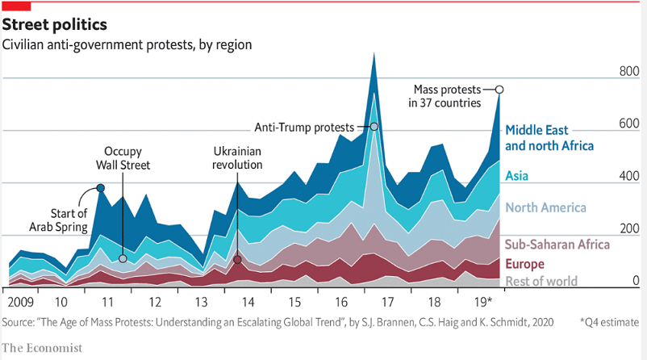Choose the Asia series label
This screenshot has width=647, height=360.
click(x=517, y=175)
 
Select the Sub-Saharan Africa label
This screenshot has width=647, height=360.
click(x=557, y=245)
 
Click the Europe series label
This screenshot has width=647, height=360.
click(x=524, y=264)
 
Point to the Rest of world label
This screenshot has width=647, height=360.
click(x=541, y=281)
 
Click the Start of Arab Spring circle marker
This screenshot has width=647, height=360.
click(x=100, y=188)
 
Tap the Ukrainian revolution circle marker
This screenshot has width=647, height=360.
click(x=237, y=260)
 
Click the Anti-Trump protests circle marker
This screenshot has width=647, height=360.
click(x=374, y=127)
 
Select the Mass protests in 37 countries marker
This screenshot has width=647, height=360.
click(x=499, y=90)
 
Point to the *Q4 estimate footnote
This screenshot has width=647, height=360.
click(x=609, y=323)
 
